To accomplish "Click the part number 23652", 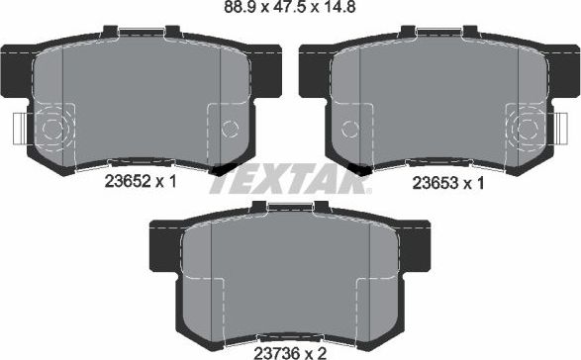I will pyautogui.click(x=125, y=182).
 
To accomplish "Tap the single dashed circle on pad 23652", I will pyautogui.click(x=230, y=128).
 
